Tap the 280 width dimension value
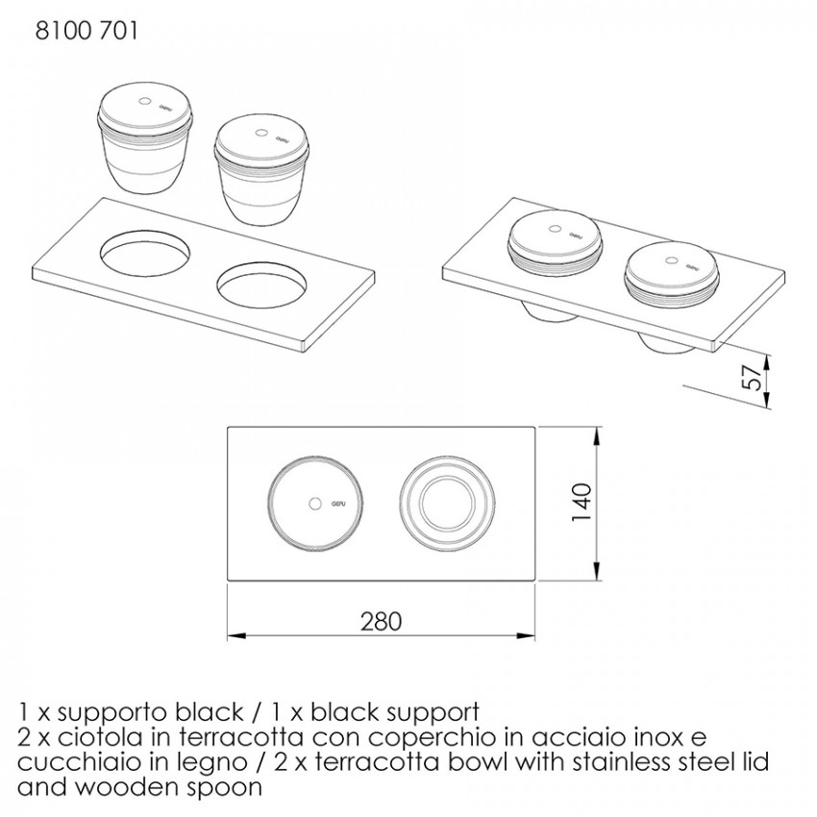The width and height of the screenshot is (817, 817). [x=382, y=621]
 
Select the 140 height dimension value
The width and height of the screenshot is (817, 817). [x=582, y=503]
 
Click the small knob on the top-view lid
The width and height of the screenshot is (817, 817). [x=314, y=504]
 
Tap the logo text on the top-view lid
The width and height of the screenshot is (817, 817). [x=339, y=504]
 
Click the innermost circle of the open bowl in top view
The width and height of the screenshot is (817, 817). [x=447, y=504]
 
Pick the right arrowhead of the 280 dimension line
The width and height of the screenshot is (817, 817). [x=526, y=635]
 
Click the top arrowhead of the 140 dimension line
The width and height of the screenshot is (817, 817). [x=598, y=435]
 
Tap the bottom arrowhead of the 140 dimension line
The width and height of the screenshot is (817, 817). [x=598, y=571]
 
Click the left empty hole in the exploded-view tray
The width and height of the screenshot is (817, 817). [x=144, y=253]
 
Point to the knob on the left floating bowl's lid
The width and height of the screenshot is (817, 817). [x=146, y=101]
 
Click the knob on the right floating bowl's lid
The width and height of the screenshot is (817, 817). [x=261, y=133]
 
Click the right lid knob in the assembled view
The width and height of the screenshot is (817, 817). [x=672, y=260]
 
